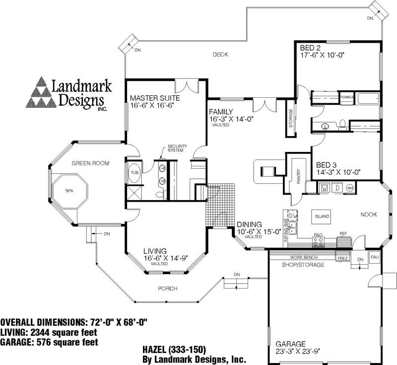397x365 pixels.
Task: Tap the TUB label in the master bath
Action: coord(134,172)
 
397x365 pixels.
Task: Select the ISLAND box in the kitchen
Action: coord(322,217)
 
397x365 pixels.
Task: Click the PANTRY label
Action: coord(299,176)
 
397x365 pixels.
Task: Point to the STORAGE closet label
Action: coord(291,117)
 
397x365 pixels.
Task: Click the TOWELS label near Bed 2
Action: coord(347,97)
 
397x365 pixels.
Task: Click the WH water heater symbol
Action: coord(350,188)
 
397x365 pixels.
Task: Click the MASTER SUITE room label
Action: coord(155,98)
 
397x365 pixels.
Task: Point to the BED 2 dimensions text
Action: coord(322,56)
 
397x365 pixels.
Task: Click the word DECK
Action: coord(220,55)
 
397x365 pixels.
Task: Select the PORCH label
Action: coord(168,289)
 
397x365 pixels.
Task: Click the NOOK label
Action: coord(369,215)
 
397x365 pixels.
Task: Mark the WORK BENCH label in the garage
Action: coord(304,257)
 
